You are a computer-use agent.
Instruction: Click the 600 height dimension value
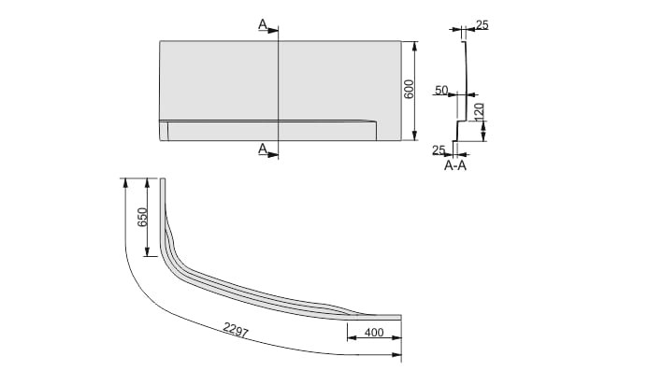coord(409,89)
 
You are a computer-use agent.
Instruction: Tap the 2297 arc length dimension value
coord(235,329)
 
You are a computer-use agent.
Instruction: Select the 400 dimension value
coord(374,332)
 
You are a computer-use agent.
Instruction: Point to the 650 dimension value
coord(142,217)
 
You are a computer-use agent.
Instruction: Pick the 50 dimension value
coord(441,90)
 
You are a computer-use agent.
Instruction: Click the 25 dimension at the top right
coord(482,25)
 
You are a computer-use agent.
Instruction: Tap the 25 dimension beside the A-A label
coord(439,150)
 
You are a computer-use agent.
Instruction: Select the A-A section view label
coord(455,165)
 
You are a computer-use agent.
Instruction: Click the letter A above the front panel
coord(263,25)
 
